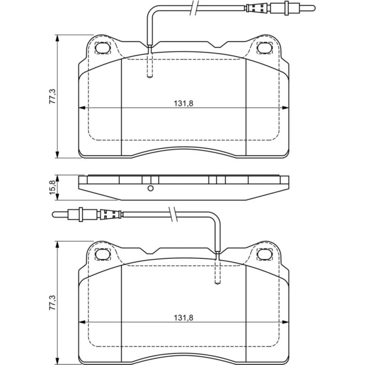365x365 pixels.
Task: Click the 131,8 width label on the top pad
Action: [x=184, y=103]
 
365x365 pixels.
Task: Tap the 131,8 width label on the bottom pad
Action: [x=184, y=318]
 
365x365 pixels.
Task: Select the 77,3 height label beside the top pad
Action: [x=52, y=96]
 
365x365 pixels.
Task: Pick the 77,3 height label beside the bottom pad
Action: [x=52, y=302]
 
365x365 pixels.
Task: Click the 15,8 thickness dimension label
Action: [x=53, y=187]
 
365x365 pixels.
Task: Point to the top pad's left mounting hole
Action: [x=103, y=48]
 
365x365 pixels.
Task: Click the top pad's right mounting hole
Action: [x=265, y=48]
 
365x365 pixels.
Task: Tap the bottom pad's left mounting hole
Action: [x=103, y=254]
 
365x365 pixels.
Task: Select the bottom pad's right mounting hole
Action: [x=265, y=254]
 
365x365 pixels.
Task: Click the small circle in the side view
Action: [x=151, y=188]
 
